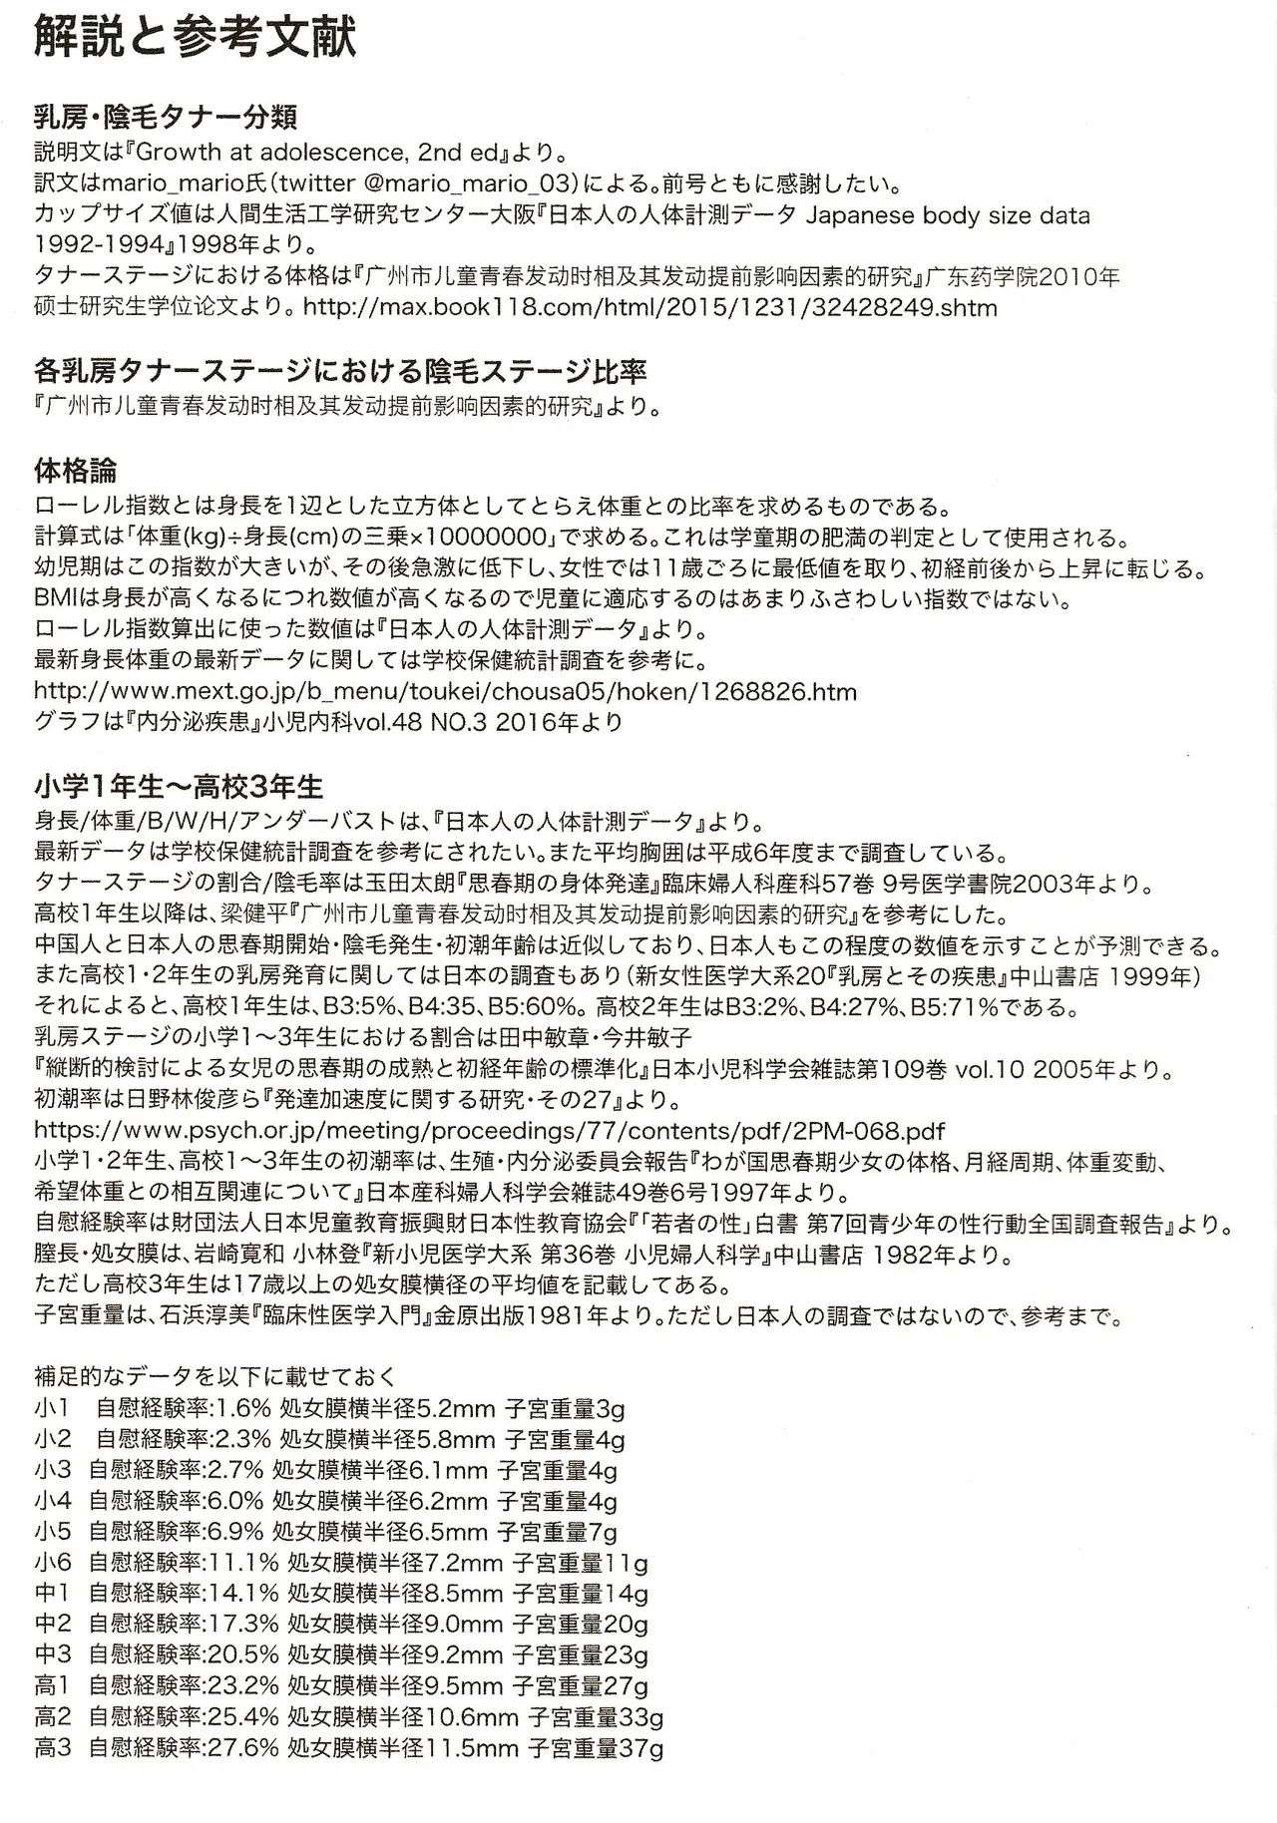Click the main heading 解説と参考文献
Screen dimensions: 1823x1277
pyautogui.click(x=196, y=41)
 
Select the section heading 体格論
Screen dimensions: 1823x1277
pyautogui.click(x=75, y=470)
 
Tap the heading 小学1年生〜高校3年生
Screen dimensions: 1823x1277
pyautogui.click(x=179, y=787)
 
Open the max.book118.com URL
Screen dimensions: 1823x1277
pyautogui.click(x=649, y=307)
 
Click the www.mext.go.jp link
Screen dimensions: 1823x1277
pyautogui.click(x=445, y=691)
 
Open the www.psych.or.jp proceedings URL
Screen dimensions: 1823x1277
pyautogui.click(x=489, y=1131)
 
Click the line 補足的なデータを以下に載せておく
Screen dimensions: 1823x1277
pyautogui.click(x=214, y=1377)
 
